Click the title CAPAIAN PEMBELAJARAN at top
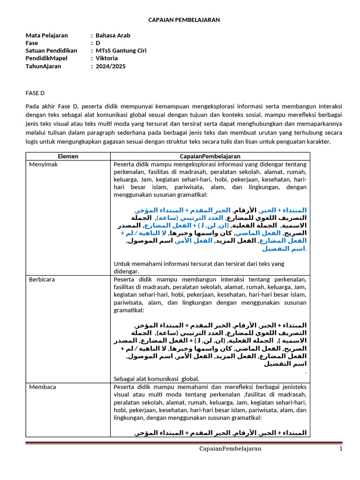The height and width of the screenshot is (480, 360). pyautogui.click(x=184, y=20)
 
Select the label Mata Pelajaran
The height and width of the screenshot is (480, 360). pyautogui.click(x=46, y=35)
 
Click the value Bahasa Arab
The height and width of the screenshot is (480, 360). pyautogui.click(x=113, y=35)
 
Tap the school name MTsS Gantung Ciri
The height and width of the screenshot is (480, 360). pyautogui.click(x=121, y=51)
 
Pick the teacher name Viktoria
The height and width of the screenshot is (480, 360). pyautogui.click(x=107, y=58)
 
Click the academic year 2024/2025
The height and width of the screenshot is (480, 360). pyautogui.click(x=111, y=66)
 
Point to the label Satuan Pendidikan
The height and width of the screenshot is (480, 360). pyautogui.click(x=51, y=51)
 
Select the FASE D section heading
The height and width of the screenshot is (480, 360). pyautogui.click(x=36, y=93)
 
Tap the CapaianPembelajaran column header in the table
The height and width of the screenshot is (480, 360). pyautogui.click(x=210, y=156)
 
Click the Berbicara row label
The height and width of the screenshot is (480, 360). pyautogui.click(x=42, y=279)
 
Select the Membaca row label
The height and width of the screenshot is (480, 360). pyautogui.click(x=42, y=387)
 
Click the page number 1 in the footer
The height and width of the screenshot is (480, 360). pyautogui.click(x=341, y=449)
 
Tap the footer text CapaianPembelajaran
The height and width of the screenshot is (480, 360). pyautogui.click(x=230, y=449)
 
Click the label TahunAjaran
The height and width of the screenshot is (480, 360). pyautogui.click(x=43, y=66)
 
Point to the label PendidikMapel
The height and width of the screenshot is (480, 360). pyautogui.click(x=46, y=58)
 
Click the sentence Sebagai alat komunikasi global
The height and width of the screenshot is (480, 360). pyautogui.click(x=157, y=379)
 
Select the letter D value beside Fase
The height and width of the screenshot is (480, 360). pyautogui.click(x=98, y=43)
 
